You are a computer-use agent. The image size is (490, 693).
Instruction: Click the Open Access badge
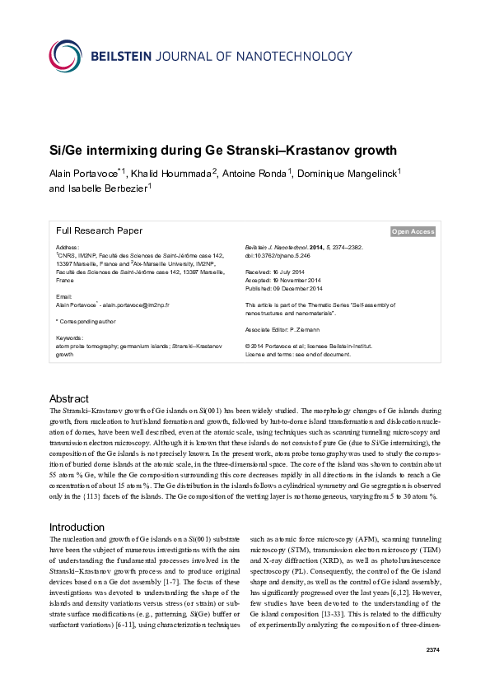click(x=413, y=232)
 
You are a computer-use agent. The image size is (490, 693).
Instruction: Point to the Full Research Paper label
click(x=99, y=231)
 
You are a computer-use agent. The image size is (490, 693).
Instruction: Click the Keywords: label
click(x=69, y=337)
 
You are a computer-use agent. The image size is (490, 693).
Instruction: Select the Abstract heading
click(x=69, y=398)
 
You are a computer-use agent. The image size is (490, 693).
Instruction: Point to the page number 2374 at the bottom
click(x=433, y=674)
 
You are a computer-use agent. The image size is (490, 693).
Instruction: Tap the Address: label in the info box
click(x=67, y=247)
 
